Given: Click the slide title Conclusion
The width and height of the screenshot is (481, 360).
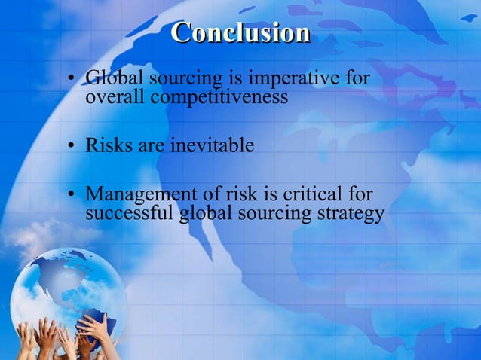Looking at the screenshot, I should pos(240,33).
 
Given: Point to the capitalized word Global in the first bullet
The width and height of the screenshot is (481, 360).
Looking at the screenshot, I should pos(112,78).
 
